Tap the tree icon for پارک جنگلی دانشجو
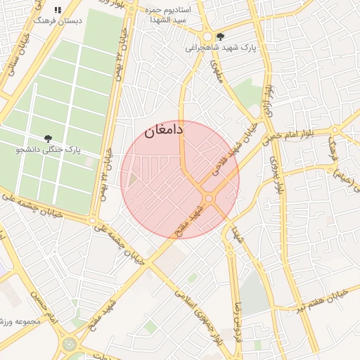(x=48, y=139)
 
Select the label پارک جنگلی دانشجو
(x=48, y=150)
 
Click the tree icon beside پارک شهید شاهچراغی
(x=221, y=37)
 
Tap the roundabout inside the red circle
(x=209, y=199)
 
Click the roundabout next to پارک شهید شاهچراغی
(x=207, y=37)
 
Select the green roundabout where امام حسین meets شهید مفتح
(x=70, y=345)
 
